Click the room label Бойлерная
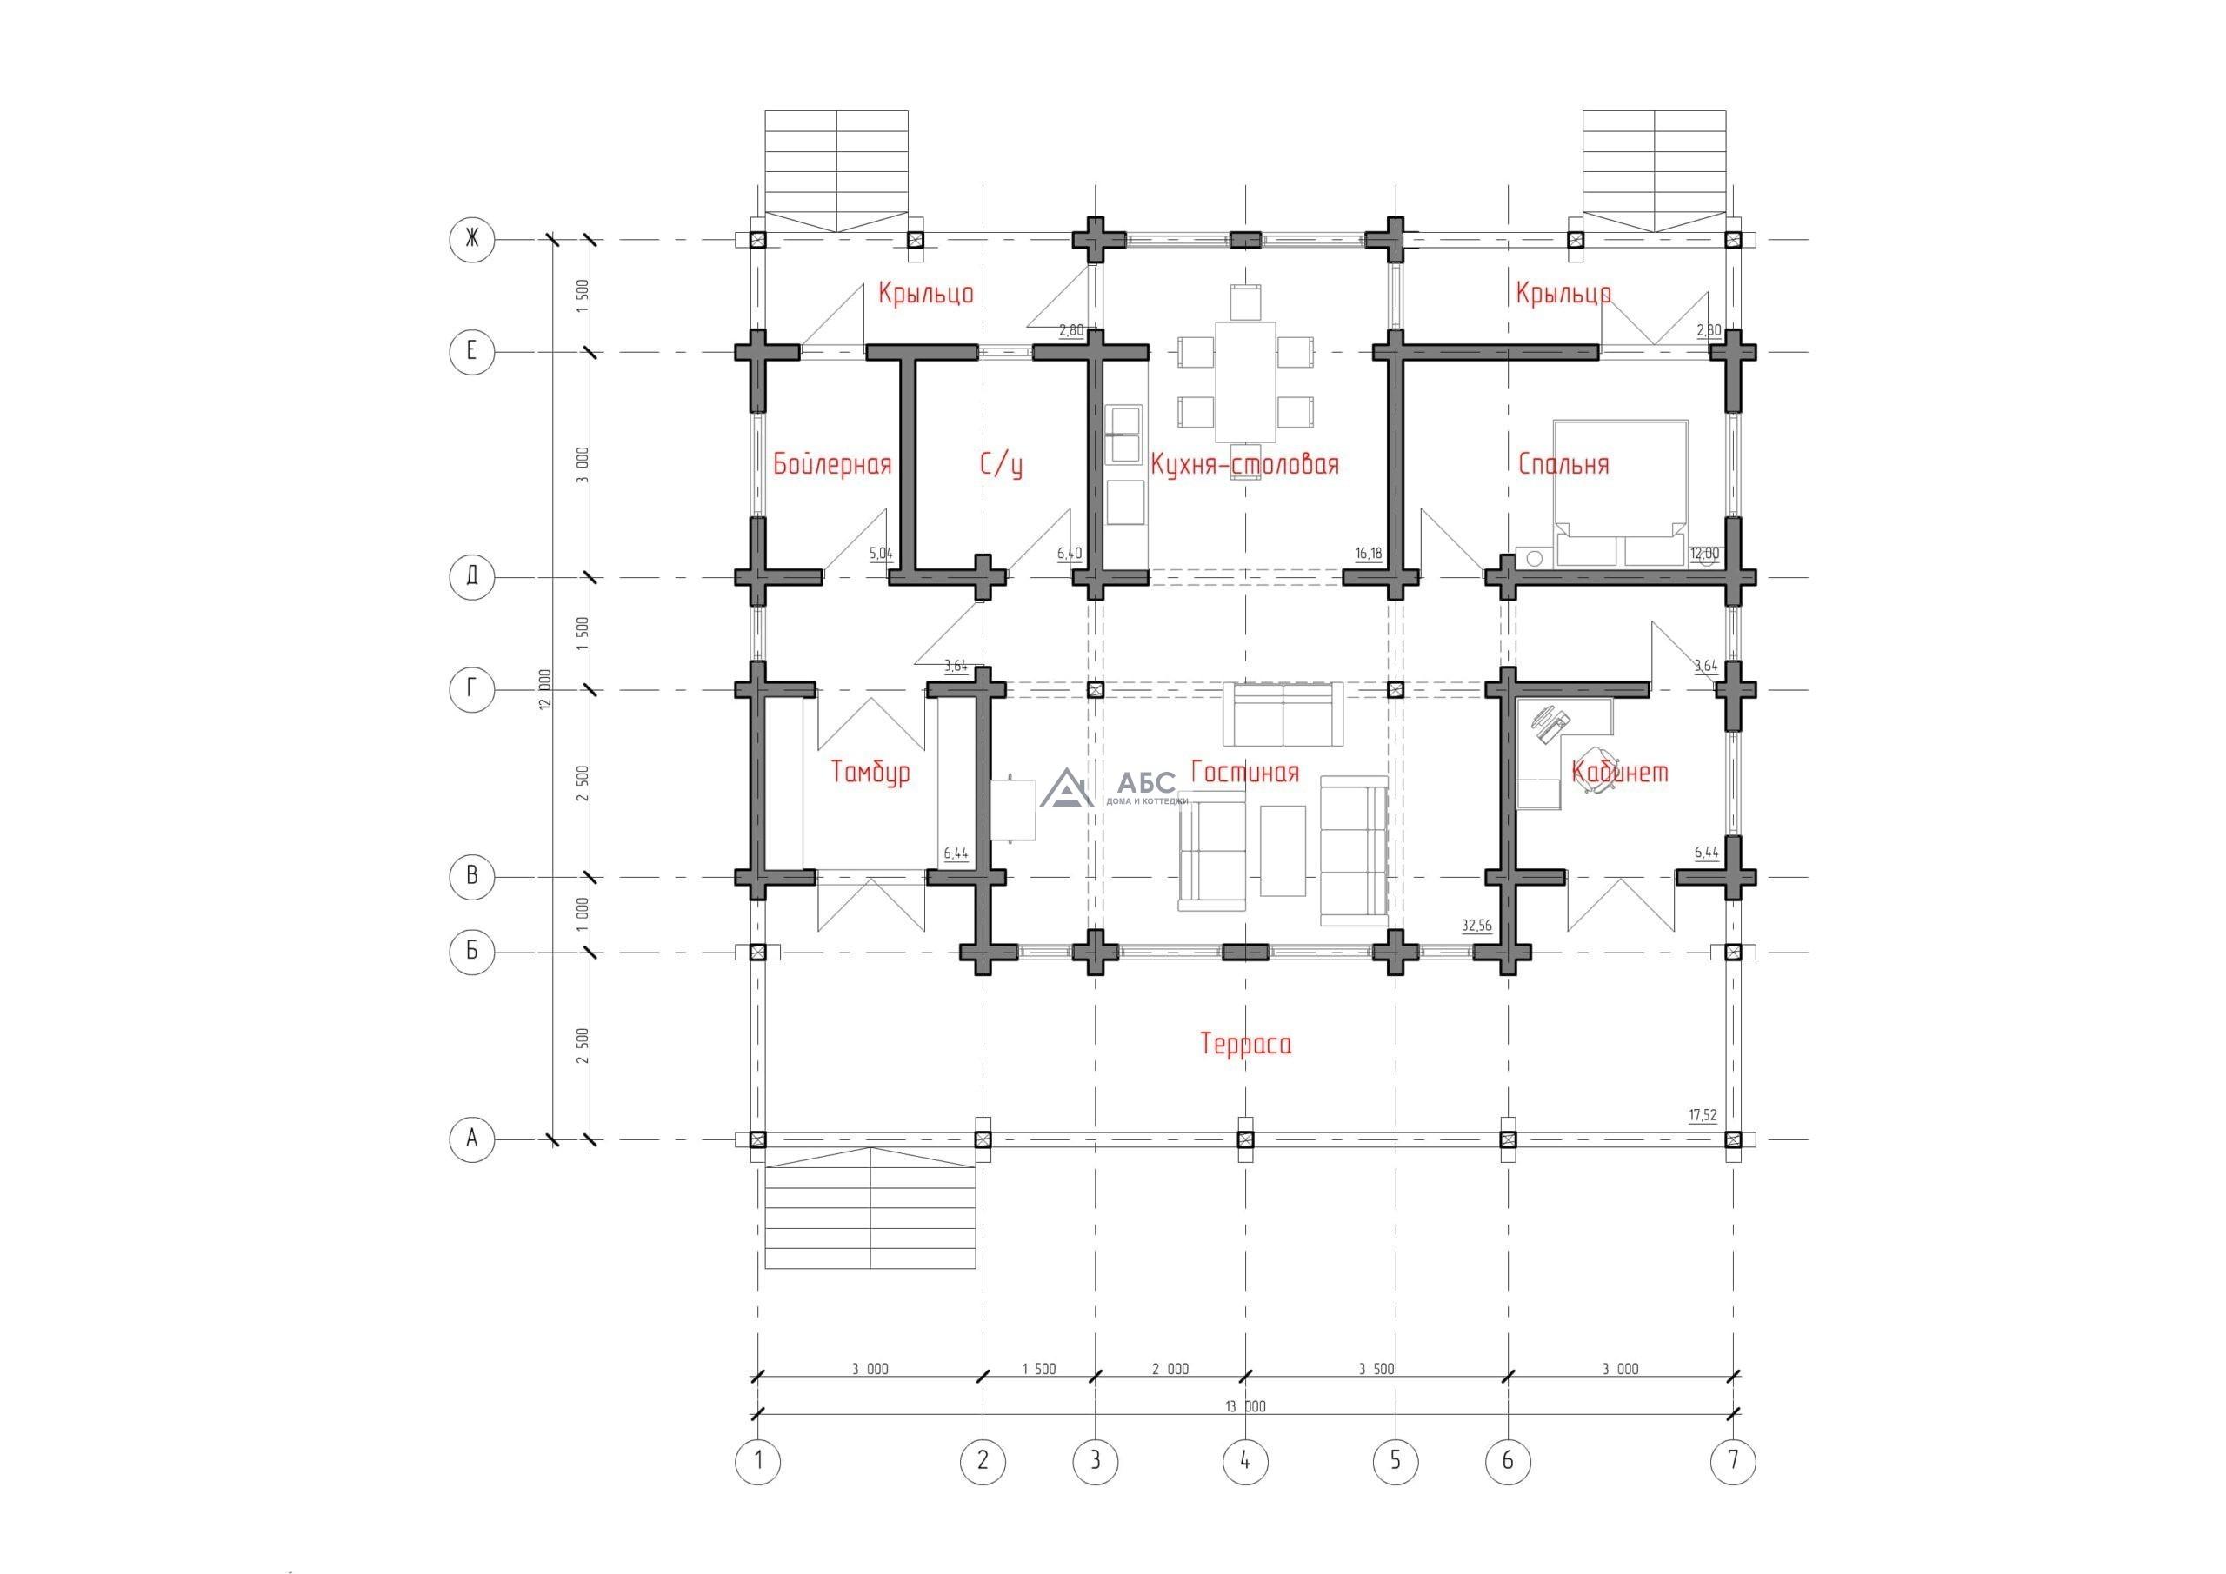832,464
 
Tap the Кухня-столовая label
1245,464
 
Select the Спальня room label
1563,464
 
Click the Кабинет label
1620,772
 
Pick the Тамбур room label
871,773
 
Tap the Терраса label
1246,1044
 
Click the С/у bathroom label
1002,464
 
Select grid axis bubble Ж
472,238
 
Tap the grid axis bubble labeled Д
472,578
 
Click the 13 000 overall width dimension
1246,1406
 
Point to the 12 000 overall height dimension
546,689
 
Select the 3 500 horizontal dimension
1376,1370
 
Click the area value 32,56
1476,926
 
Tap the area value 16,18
1369,554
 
